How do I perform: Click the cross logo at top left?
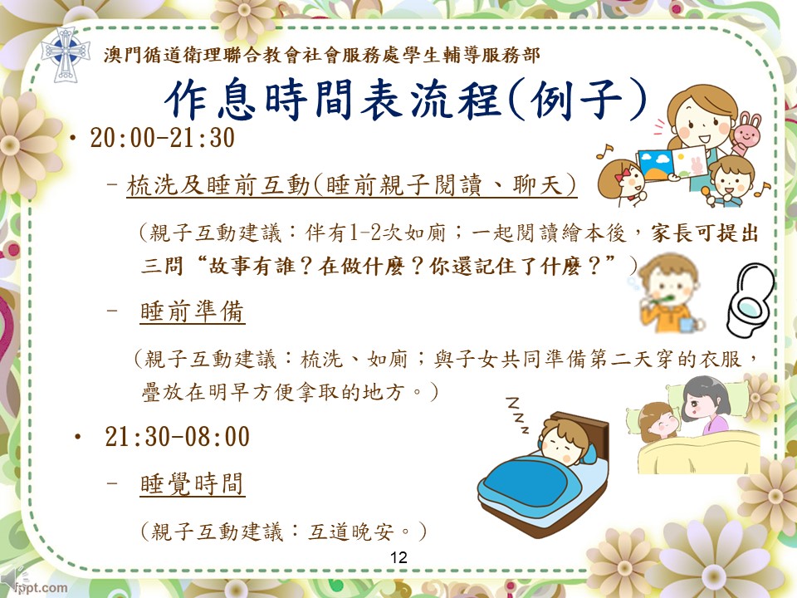66,55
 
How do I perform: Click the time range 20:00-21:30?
162,138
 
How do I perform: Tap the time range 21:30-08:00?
177,436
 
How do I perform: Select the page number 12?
398,557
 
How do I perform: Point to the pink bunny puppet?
746,133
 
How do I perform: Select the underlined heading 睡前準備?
192,311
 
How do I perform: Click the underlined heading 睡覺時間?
192,483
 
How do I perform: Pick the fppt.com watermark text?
42,588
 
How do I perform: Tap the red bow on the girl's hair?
622,175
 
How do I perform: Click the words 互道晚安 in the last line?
350,532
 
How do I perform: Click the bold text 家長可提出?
705,233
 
